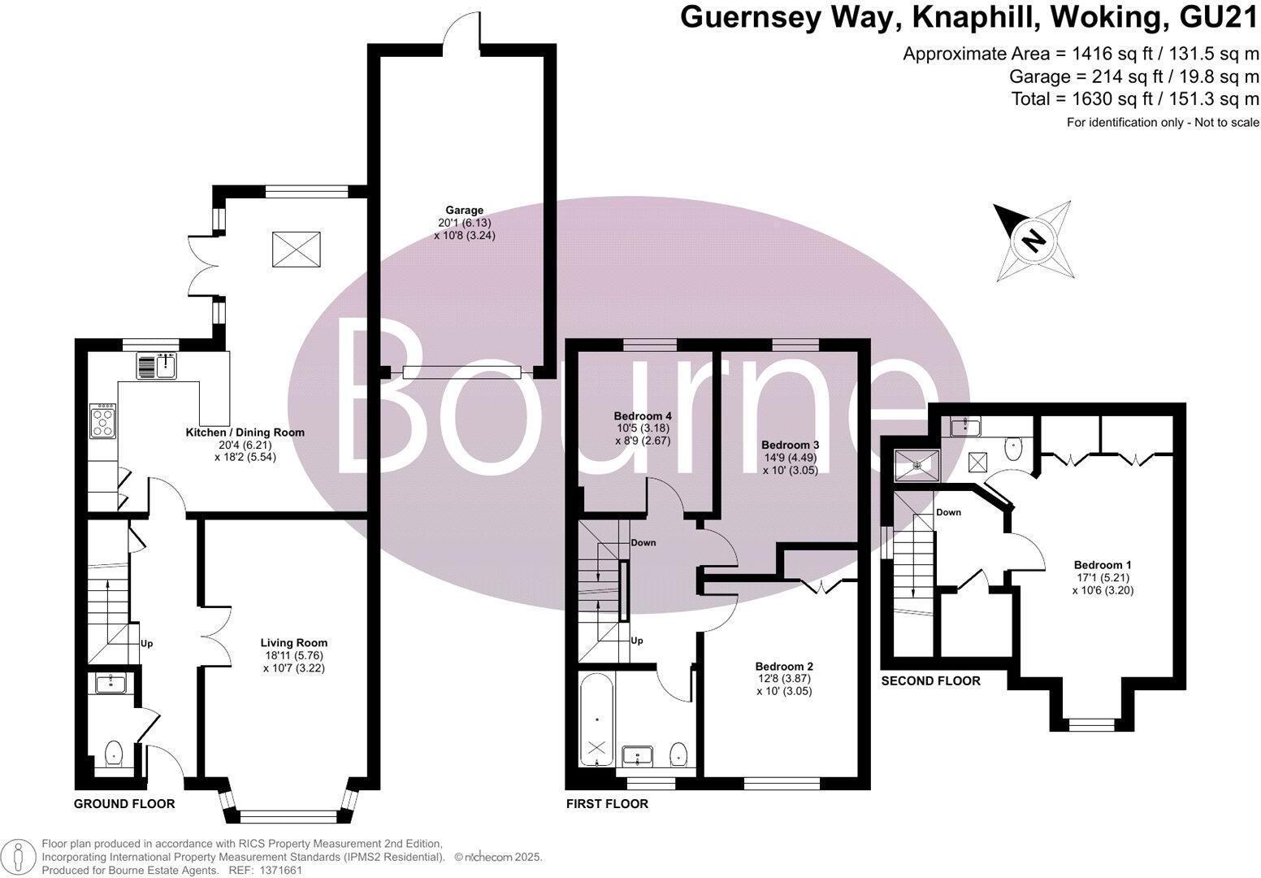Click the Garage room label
[464, 211]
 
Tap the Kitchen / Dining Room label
[245, 432]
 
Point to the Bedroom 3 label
[790, 446]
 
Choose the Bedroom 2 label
[783, 666]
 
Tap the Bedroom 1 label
[1103, 565]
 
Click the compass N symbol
[1033, 241]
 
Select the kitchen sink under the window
[158, 367]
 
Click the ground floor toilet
[113, 754]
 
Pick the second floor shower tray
[916, 465]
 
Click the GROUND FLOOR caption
[124, 804]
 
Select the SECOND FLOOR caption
[930, 680]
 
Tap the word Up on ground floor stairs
[147, 644]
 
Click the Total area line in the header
[1134, 98]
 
